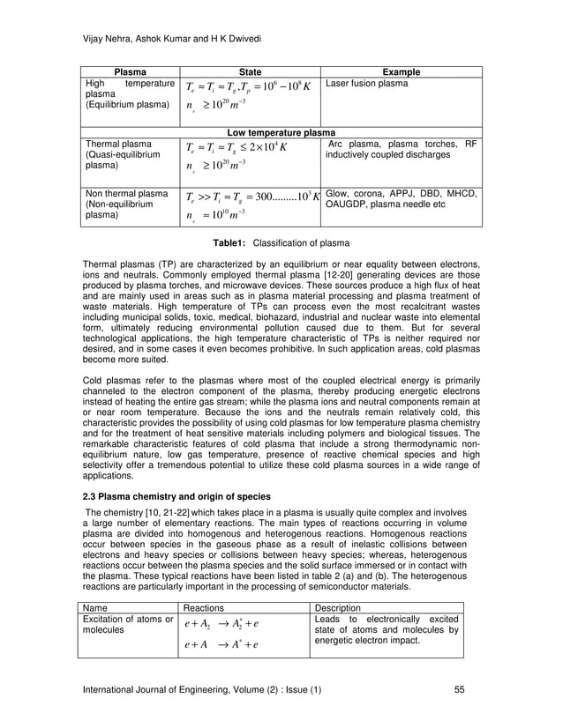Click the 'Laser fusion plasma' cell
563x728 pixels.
tap(367, 84)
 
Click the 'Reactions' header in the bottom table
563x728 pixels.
tap(202, 608)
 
